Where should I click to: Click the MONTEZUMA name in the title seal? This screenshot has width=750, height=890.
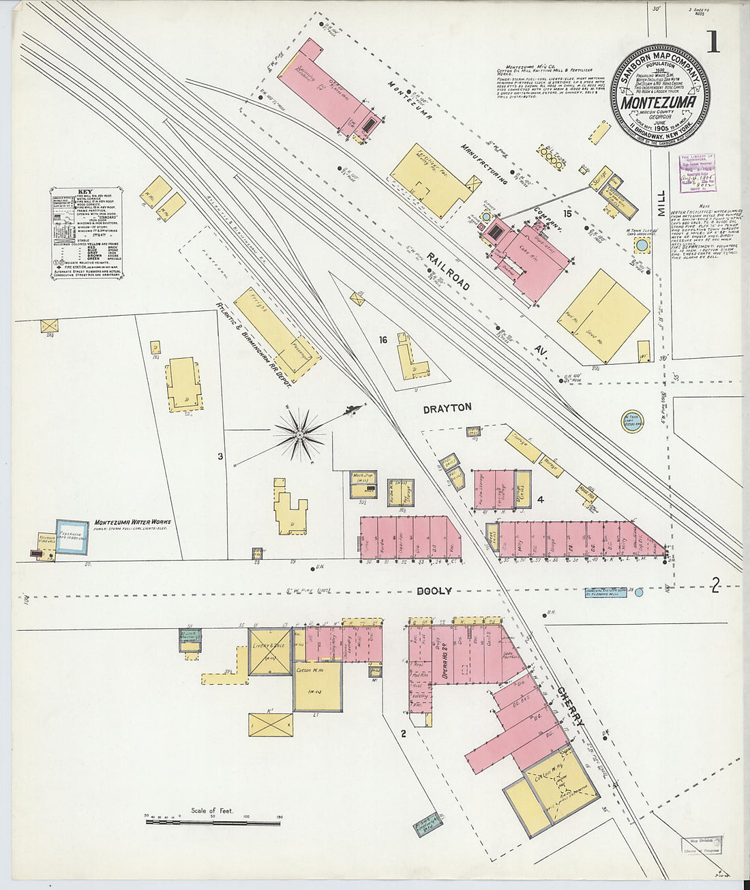tap(659, 102)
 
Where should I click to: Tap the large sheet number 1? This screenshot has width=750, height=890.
tap(713, 42)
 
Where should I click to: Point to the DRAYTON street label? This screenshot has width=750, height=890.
tap(447, 407)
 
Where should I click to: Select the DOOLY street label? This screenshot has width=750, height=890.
tap(435, 591)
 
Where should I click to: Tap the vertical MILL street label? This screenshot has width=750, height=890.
tap(661, 203)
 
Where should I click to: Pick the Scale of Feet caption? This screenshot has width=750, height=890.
tap(212, 811)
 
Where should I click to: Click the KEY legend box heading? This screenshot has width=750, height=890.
tap(86, 192)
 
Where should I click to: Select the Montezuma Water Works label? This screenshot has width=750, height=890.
tap(132, 522)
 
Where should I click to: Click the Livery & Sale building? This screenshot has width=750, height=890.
tap(271, 651)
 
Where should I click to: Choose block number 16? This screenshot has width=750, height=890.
tap(383, 340)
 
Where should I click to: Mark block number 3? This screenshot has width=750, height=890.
tap(220, 456)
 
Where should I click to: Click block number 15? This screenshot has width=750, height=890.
tap(566, 213)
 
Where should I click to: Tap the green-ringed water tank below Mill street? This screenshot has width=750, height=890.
tap(632, 421)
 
